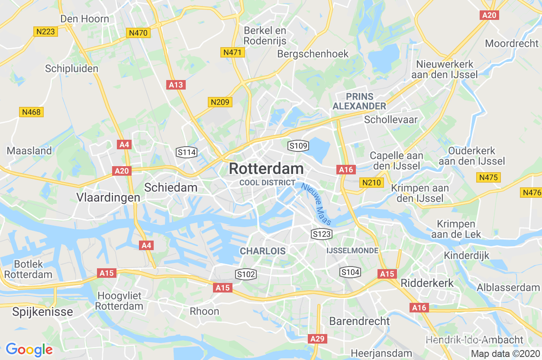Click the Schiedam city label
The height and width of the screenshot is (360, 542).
[x=171, y=187]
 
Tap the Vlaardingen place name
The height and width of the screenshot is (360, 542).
[x=108, y=197]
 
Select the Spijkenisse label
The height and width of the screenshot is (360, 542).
[x=43, y=312]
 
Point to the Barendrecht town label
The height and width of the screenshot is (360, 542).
[x=359, y=321]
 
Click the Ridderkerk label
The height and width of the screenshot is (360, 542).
[x=427, y=283]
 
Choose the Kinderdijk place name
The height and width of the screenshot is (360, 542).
[x=466, y=255]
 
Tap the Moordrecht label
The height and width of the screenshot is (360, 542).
[x=512, y=43]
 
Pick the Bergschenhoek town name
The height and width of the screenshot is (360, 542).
[x=313, y=54]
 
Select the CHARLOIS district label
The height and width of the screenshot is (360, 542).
[x=263, y=251]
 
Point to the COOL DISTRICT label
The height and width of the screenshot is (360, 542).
[x=267, y=183]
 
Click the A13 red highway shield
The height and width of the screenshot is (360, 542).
[x=176, y=85]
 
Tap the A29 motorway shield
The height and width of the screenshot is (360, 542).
[x=317, y=338]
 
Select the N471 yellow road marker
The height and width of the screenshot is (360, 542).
[x=233, y=52]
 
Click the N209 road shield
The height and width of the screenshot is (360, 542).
[x=220, y=102]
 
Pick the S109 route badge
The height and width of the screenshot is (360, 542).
[x=298, y=145]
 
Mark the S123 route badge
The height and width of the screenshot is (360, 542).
[x=322, y=234]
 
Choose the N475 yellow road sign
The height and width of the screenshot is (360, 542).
[x=489, y=177]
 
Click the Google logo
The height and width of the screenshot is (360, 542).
[x=29, y=350]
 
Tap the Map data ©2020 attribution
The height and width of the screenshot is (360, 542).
[x=505, y=354]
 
